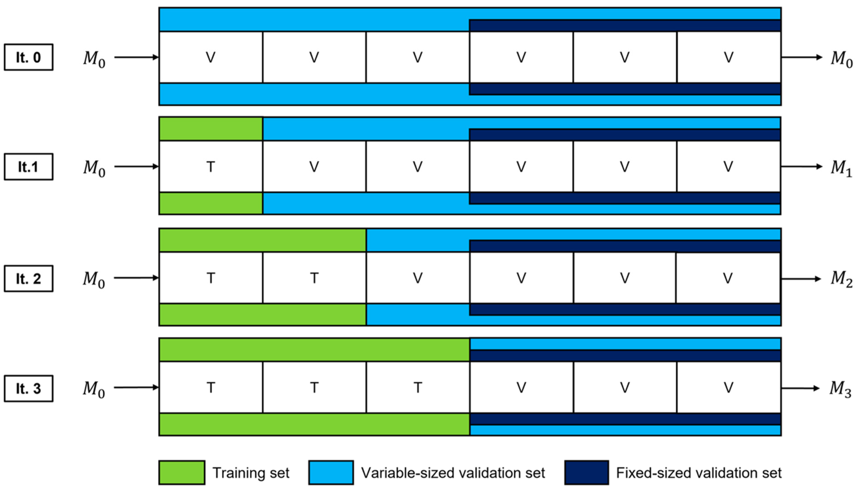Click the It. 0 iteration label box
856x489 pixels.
pos(28,57)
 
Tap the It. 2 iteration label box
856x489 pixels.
pos(28,278)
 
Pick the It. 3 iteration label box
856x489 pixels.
pos(28,388)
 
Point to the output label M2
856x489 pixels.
pos(841,279)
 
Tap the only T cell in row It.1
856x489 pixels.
pos(211,166)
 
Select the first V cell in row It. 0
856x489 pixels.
pos(211,57)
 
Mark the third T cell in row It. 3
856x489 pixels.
pos(417,388)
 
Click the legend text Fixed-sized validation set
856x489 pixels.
pos(699,473)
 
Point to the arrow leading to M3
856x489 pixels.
pos(801,388)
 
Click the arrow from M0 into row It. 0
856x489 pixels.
pos(136,57)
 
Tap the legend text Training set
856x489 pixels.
pos(251,473)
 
